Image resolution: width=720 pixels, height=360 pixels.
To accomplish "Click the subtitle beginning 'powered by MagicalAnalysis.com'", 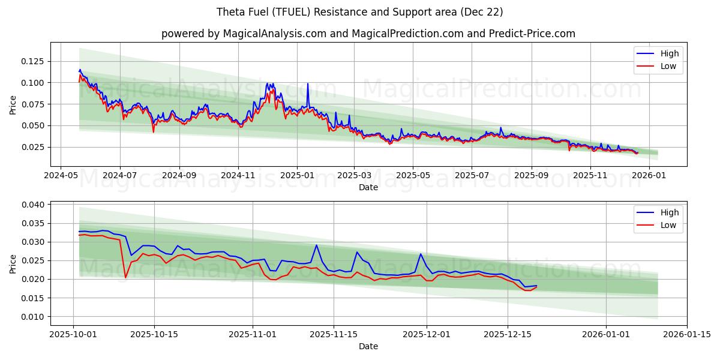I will pos(368,34).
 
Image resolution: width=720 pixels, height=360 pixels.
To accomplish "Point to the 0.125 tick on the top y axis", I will pos(33,61).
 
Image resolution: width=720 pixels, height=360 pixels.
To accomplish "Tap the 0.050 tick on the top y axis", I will pos(33,125).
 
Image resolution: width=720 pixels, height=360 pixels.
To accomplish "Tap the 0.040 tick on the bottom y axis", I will pos(33,205).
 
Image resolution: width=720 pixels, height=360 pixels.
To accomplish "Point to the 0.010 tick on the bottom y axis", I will pos(33,317).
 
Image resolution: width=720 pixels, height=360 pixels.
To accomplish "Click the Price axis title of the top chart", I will pos(13,104).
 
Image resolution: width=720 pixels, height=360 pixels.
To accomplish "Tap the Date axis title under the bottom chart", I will pos(368,346).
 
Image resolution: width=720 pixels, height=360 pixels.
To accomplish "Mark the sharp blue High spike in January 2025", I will pos(308,84).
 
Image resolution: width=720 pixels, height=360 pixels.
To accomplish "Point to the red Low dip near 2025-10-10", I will pos(125,277).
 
